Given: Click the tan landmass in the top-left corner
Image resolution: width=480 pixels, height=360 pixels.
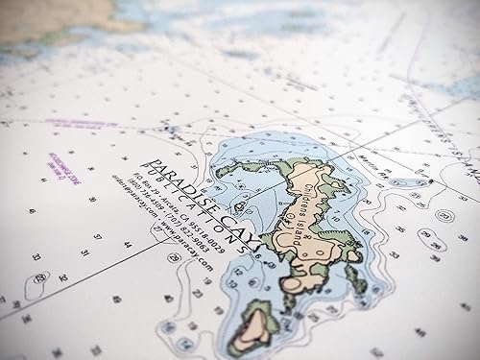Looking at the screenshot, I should pyautogui.click(x=48, y=19).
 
